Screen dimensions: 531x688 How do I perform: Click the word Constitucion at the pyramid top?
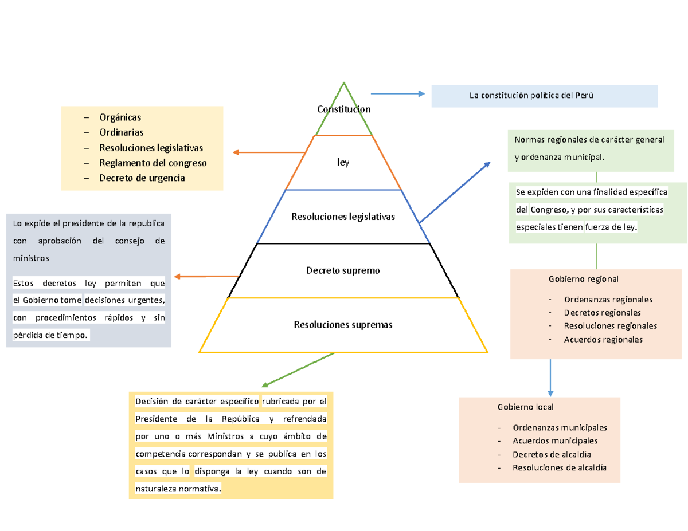click(343, 109)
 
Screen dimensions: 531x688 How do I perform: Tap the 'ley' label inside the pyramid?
click(343, 163)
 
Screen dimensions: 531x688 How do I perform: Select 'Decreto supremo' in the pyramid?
click(343, 270)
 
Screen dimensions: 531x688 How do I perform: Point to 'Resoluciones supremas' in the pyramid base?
click(343, 325)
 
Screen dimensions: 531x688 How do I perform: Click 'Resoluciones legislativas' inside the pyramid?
click(343, 217)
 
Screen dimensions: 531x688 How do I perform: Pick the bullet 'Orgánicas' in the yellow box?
click(120, 117)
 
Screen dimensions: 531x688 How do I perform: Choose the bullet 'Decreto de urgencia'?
click(142, 178)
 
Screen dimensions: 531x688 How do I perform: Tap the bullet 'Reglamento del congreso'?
click(153, 163)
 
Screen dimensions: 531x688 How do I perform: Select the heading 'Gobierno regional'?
click(583, 280)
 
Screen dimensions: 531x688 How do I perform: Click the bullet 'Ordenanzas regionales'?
click(608, 299)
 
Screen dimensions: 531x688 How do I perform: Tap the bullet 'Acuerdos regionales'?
click(603, 339)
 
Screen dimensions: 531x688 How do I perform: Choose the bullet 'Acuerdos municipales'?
click(556, 440)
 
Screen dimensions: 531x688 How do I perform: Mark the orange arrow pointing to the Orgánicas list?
click(268, 152)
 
